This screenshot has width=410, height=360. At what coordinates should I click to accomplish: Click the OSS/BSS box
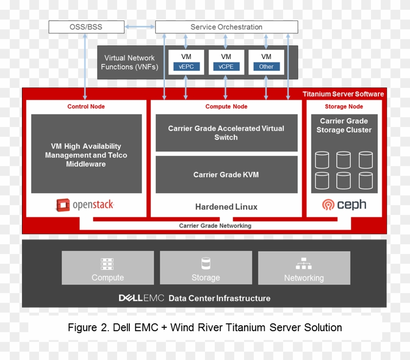(86, 27)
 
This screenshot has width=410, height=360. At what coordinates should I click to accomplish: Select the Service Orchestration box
(226, 27)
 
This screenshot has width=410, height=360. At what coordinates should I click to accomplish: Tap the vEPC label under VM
(186, 66)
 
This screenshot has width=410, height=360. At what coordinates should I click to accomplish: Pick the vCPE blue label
(226, 66)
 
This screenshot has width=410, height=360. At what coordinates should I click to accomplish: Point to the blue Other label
(266, 66)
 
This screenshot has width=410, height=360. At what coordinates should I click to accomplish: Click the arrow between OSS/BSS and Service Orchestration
(140, 27)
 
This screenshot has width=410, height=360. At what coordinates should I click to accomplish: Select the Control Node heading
(86, 106)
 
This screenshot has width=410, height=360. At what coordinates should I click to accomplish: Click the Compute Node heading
(226, 106)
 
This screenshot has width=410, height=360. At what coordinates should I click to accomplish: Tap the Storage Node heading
(344, 106)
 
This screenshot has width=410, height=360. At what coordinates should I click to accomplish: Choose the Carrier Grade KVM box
(226, 174)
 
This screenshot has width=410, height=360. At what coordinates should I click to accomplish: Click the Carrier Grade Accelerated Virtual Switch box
(226, 133)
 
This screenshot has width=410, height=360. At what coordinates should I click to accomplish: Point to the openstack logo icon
(62, 205)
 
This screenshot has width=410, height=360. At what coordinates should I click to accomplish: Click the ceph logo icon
(328, 205)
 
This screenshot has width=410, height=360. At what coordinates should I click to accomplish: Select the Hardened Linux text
(226, 207)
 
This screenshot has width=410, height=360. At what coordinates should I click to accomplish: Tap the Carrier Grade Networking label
(215, 226)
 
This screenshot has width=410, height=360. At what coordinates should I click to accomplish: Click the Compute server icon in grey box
(107, 264)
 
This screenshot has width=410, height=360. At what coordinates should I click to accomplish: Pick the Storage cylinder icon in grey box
(205, 264)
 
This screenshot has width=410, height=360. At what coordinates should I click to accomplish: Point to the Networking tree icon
(304, 264)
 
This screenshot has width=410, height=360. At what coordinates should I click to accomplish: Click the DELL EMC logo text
(141, 298)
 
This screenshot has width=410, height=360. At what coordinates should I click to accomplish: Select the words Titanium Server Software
(343, 94)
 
